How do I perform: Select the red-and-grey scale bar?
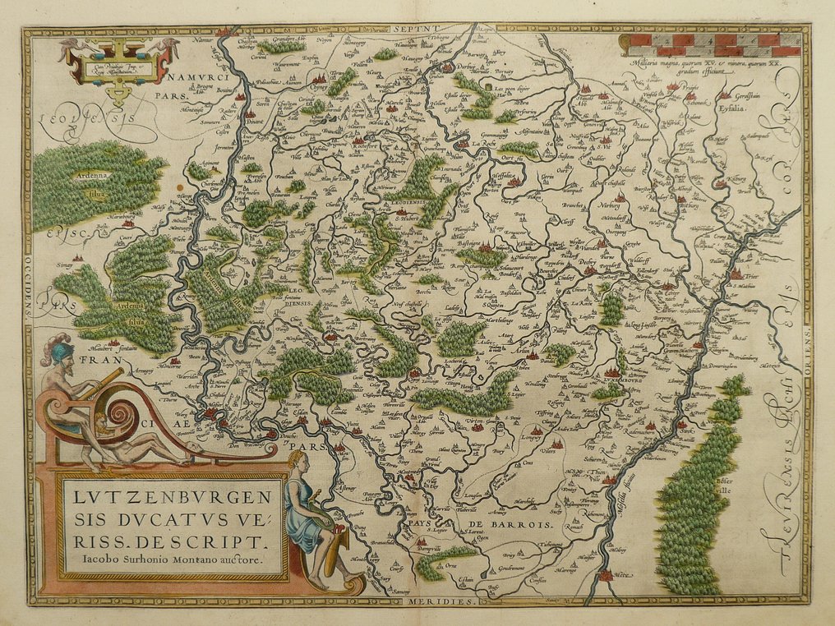708,44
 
